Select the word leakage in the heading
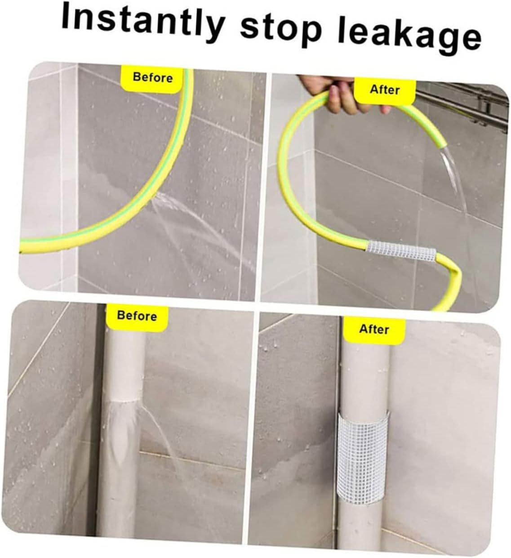coord(409,36)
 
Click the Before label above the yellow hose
coord(153,77)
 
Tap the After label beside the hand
coord(384,89)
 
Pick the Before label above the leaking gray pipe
coord(137,316)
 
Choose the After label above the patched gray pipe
coord(374,329)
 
